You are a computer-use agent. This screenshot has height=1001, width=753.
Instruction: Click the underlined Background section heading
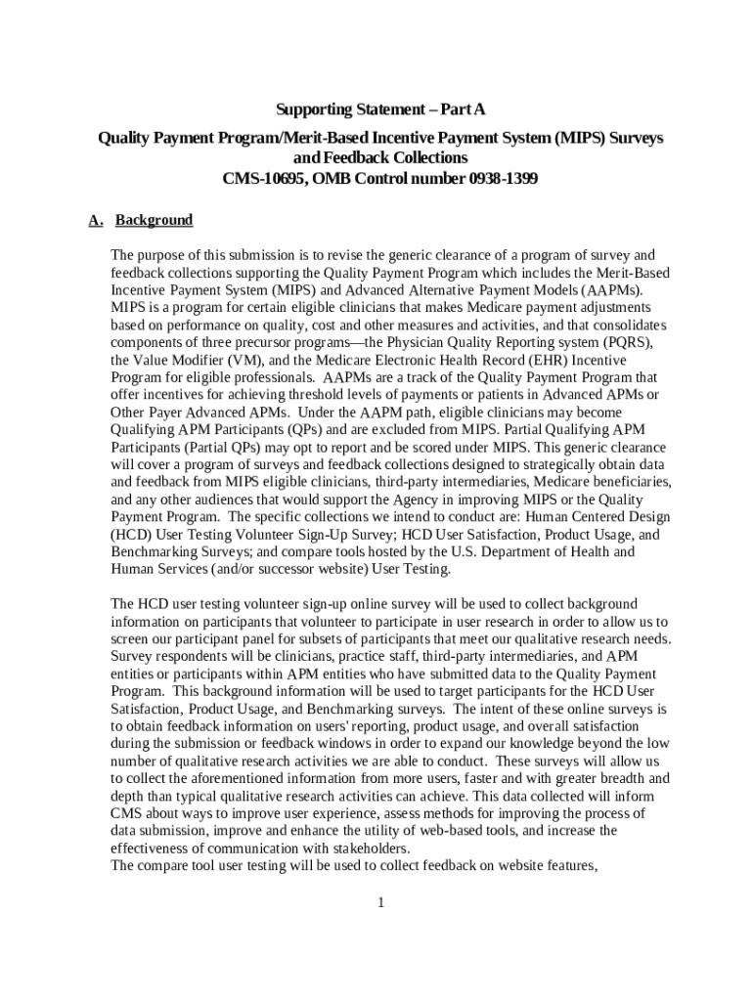(155, 220)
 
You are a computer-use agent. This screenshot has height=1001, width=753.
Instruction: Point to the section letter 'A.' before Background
(96, 220)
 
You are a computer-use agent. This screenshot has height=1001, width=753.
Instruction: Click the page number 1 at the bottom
(380, 901)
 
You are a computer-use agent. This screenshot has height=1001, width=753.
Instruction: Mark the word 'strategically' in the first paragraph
(498, 464)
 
